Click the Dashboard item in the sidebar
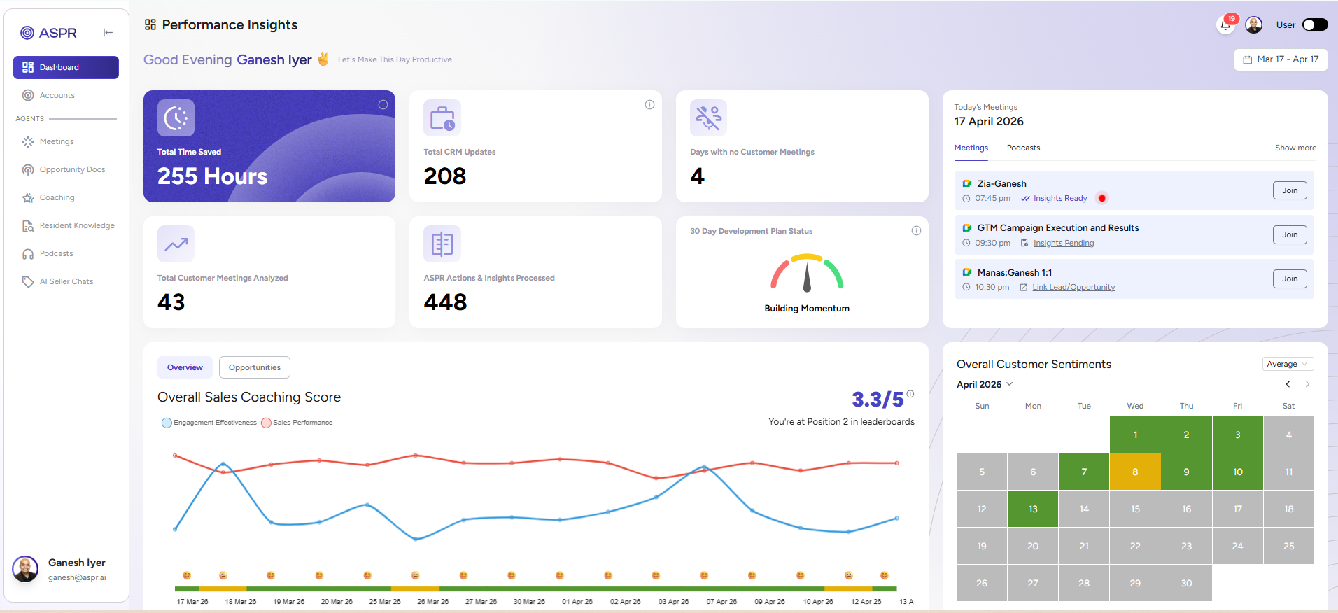click(x=66, y=67)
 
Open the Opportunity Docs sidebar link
click(x=71, y=169)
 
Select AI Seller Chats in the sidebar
click(x=66, y=281)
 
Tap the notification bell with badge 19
click(x=1225, y=25)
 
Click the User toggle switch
click(x=1314, y=25)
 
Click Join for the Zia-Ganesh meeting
click(x=1289, y=190)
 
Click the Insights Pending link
click(x=1063, y=243)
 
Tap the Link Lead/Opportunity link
click(x=1073, y=287)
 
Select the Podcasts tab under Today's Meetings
click(x=1023, y=148)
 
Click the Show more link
click(x=1295, y=148)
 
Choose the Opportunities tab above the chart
click(x=254, y=367)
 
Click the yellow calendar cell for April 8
click(x=1134, y=472)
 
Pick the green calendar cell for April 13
click(x=1032, y=509)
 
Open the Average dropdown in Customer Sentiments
click(x=1287, y=364)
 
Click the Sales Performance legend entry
click(x=302, y=423)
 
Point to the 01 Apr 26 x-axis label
click(x=577, y=602)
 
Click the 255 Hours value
click(x=212, y=176)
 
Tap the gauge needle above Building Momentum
click(x=807, y=276)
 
